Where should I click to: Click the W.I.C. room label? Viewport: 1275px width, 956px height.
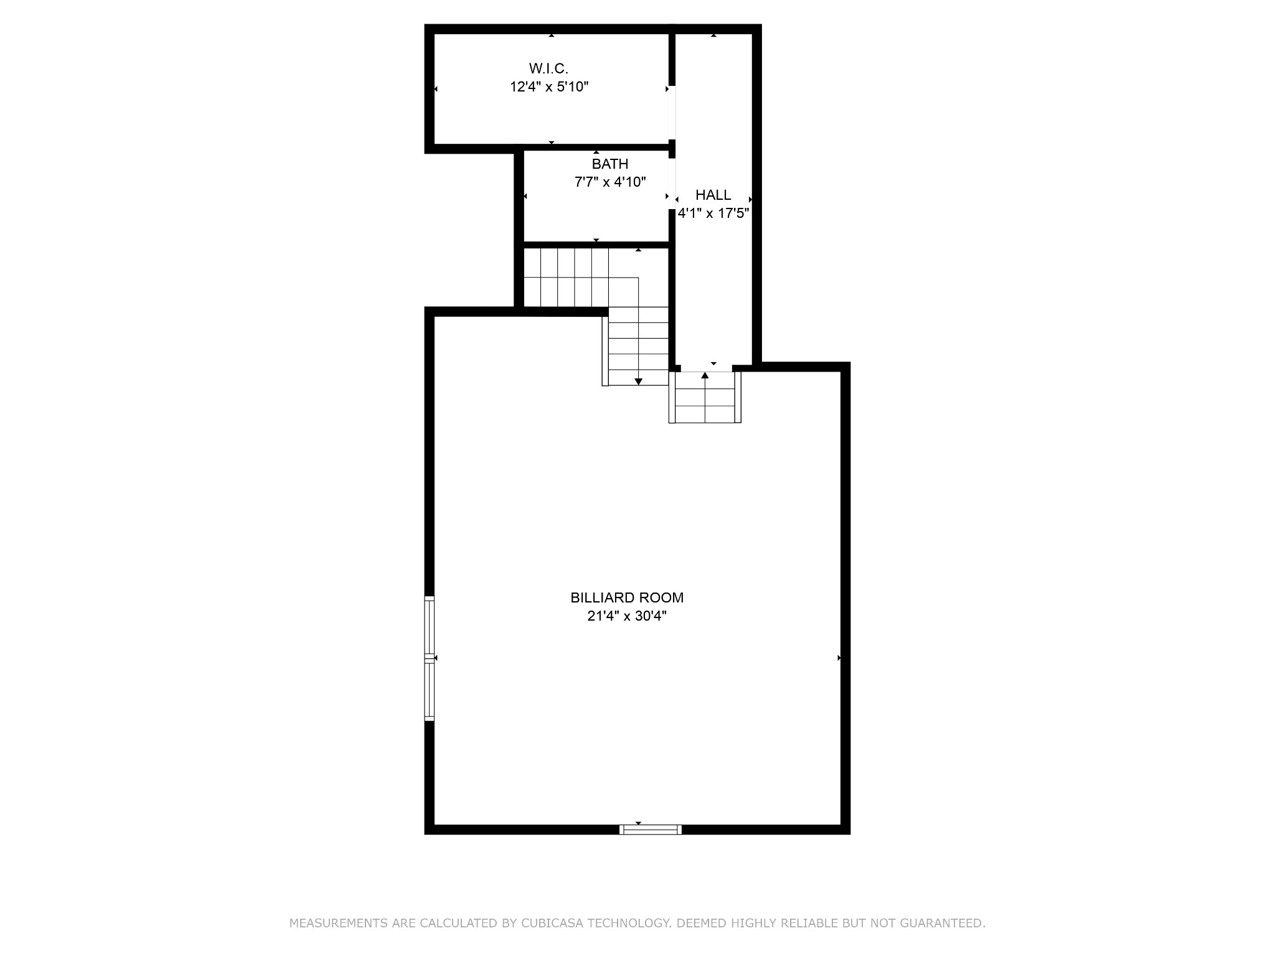click(548, 68)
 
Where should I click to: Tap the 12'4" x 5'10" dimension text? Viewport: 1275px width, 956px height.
click(548, 87)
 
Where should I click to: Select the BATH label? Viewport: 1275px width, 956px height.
click(609, 164)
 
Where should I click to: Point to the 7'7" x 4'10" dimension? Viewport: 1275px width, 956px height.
click(609, 182)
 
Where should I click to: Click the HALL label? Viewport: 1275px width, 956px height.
click(713, 195)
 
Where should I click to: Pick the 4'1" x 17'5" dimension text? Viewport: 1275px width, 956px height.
click(713, 213)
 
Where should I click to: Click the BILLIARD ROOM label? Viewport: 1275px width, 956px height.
click(627, 597)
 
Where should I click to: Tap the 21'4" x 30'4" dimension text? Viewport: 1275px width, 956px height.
click(627, 616)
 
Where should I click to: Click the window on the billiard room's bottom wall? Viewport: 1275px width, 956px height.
click(651, 829)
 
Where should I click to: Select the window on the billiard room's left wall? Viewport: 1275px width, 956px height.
click(429, 658)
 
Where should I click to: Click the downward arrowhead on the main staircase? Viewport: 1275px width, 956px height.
click(638, 382)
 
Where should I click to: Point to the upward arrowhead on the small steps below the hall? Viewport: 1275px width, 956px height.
click(705, 375)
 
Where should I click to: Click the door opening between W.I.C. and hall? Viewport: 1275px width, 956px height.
click(672, 112)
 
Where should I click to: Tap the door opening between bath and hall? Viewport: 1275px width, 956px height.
click(672, 184)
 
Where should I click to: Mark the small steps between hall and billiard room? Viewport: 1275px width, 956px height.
click(705, 398)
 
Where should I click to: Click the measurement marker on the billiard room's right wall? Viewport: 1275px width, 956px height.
click(840, 658)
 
